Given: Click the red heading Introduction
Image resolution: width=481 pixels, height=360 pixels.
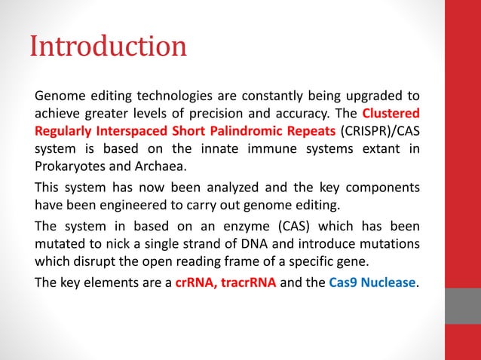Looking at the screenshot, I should coord(108,47).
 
